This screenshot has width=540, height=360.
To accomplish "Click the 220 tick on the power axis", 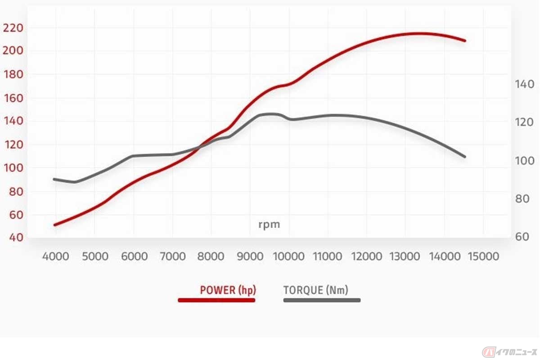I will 13,28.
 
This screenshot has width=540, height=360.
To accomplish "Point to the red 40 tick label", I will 13,237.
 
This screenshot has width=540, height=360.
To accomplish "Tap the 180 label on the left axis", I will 13,74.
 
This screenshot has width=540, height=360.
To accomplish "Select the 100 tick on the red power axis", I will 13,168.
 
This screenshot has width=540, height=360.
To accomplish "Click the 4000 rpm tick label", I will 55,256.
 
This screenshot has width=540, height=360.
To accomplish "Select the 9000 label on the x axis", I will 251,256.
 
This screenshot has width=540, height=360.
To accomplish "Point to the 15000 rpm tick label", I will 484,256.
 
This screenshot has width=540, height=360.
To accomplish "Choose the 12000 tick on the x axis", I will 366,256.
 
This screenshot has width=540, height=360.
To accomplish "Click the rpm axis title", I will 269,224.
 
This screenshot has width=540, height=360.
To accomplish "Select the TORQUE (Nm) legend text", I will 316,290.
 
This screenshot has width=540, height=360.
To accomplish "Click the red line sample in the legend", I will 217,300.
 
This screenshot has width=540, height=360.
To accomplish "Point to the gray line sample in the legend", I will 322,300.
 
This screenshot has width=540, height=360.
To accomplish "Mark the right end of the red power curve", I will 465,40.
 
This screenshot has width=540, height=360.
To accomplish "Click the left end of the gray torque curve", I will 54,179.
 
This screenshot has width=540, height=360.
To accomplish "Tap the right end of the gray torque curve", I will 465,157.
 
